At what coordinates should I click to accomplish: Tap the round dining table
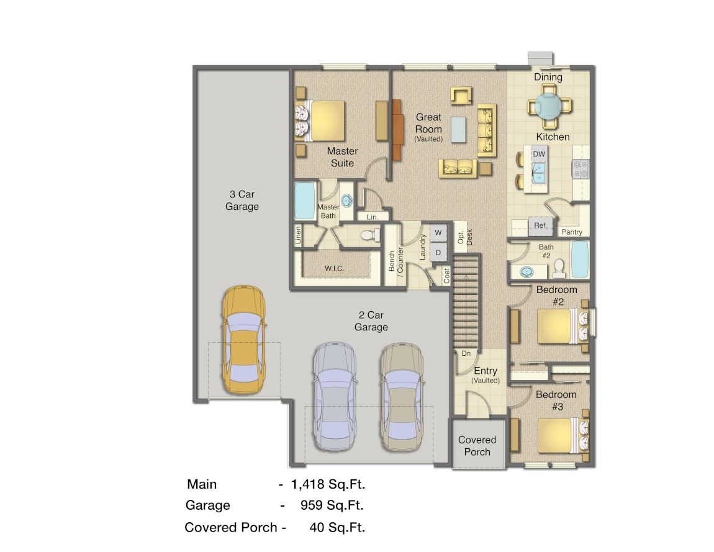(x=548, y=105)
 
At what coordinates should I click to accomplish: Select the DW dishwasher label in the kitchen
(x=539, y=153)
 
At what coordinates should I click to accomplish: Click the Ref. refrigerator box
(x=540, y=225)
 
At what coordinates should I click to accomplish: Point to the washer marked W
(x=438, y=232)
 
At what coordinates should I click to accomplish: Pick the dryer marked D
(x=438, y=252)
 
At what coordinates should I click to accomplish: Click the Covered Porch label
(x=477, y=446)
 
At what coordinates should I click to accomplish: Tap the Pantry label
(x=571, y=232)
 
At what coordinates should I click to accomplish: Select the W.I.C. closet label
(x=334, y=268)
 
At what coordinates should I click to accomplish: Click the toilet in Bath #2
(x=558, y=267)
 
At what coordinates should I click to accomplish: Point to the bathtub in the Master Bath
(x=304, y=200)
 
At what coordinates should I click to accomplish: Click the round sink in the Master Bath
(x=346, y=200)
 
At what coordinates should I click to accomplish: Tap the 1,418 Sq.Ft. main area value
(x=332, y=484)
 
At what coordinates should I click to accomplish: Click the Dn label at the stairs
(x=465, y=353)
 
